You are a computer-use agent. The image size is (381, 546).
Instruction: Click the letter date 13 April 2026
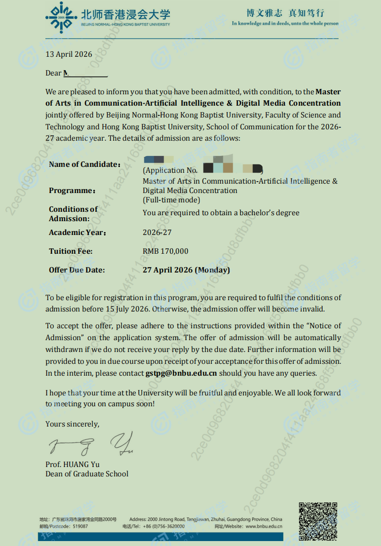tap(69, 54)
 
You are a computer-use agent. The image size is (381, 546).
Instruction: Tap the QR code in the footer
tap(318, 519)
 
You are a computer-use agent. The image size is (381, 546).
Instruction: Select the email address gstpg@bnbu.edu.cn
tap(182, 373)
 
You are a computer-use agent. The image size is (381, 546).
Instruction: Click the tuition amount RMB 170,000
tap(165, 251)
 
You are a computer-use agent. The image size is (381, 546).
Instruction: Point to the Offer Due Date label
tap(77, 270)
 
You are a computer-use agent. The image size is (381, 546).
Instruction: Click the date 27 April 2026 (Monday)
tap(186, 270)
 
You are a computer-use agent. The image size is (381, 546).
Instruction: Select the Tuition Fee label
tap(71, 251)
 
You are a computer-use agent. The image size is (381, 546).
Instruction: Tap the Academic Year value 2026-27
tap(157, 233)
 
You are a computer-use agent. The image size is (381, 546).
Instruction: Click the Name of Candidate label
tap(84, 164)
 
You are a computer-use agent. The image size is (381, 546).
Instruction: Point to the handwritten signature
tap(91, 444)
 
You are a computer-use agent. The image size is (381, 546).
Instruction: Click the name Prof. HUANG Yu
tap(73, 465)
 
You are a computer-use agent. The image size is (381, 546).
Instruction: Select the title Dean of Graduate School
tap(87, 474)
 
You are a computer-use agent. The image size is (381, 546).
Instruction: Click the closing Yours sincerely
tap(72, 424)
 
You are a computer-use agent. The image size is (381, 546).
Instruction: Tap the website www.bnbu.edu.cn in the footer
tap(264, 527)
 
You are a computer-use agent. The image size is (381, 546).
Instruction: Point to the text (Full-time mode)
tap(171, 200)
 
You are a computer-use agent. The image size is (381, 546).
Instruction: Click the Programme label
tap(72, 191)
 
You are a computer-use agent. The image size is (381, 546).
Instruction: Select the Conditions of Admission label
tap(73, 214)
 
